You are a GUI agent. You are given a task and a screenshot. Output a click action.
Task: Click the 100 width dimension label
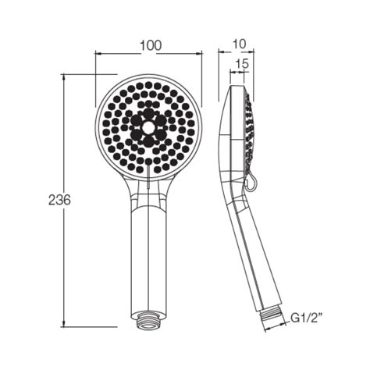(151, 45)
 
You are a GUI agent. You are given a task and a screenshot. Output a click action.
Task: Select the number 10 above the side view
(238, 45)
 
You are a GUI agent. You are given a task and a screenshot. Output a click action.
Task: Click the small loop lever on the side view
(249, 183)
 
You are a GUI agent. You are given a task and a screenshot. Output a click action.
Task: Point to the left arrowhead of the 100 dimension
(98, 55)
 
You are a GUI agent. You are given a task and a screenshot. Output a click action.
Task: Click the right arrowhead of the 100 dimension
(200, 55)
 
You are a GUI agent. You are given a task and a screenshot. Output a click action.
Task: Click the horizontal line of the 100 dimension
(125, 55)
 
